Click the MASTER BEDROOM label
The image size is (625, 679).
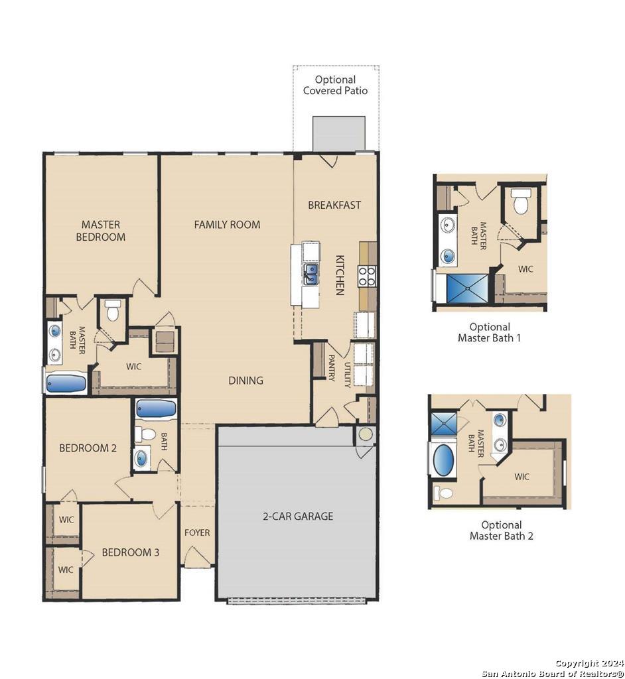click(x=101, y=230)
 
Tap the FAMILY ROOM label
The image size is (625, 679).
click(x=227, y=224)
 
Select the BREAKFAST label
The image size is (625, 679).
click(x=334, y=205)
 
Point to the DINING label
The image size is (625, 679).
click(x=245, y=380)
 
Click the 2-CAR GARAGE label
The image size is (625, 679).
click(x=298, y=516)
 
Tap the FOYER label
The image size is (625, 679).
click(x=197, y=532)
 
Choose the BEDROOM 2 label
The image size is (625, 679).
click(x=88, y=448)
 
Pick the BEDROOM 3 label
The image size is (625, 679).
click(x=131, y=552)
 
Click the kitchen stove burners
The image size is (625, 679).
click(x=367, y=276)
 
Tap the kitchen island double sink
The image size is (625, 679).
click(x=311, y=274)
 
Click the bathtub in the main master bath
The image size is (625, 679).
click(x=66, y=384)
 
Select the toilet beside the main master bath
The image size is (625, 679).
click(x=112, y=310)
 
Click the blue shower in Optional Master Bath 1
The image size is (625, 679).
click(x=467, y=288)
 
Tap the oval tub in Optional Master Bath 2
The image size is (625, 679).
click(x=443, y=461)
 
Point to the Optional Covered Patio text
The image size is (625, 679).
click(x=335, y=85)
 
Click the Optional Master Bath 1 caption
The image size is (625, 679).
click(x=490, y=332)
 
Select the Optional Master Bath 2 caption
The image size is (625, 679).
click(x=502, y=530)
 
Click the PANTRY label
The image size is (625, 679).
click(x=331, y=368)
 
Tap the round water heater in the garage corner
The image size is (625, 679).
click(x=366, y=434)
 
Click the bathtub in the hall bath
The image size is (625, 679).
click(x=156, y=408)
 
